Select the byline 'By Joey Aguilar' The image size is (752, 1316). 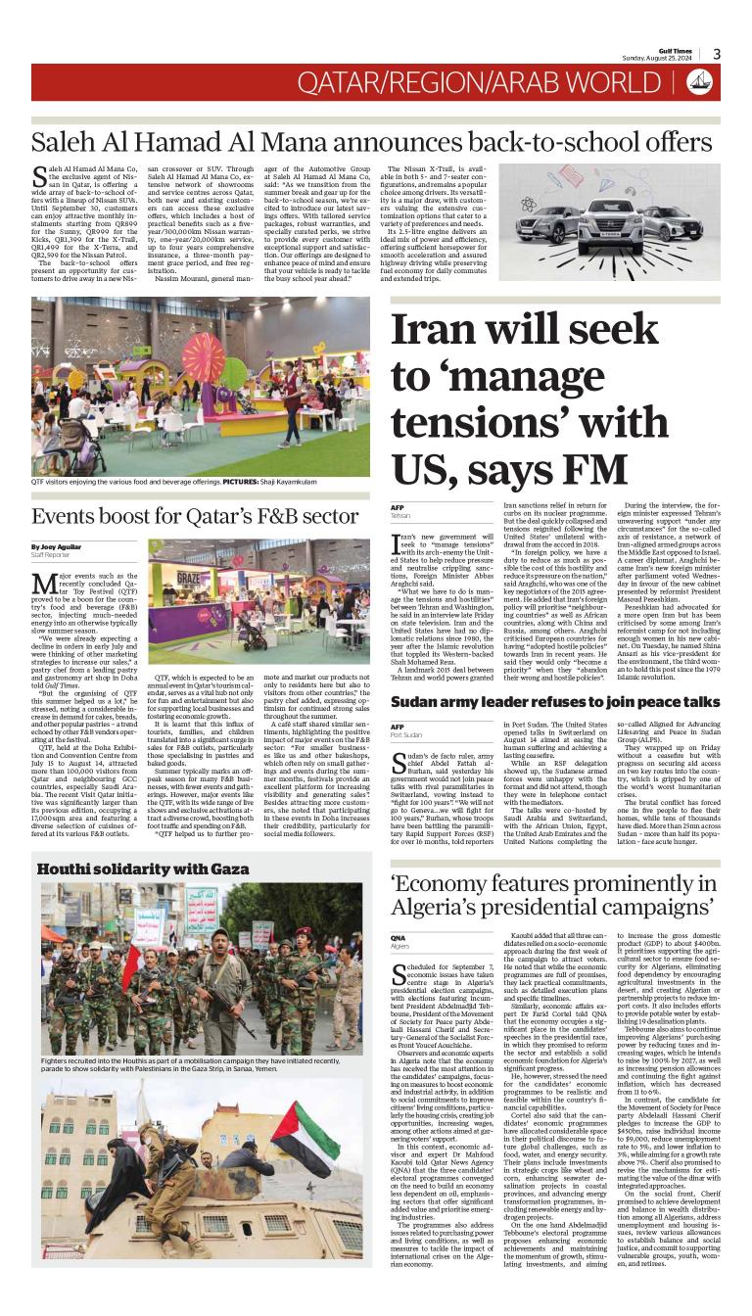[56, 545]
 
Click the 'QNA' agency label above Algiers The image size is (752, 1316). [398, 938]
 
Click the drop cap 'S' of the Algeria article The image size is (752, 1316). [399, 975]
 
